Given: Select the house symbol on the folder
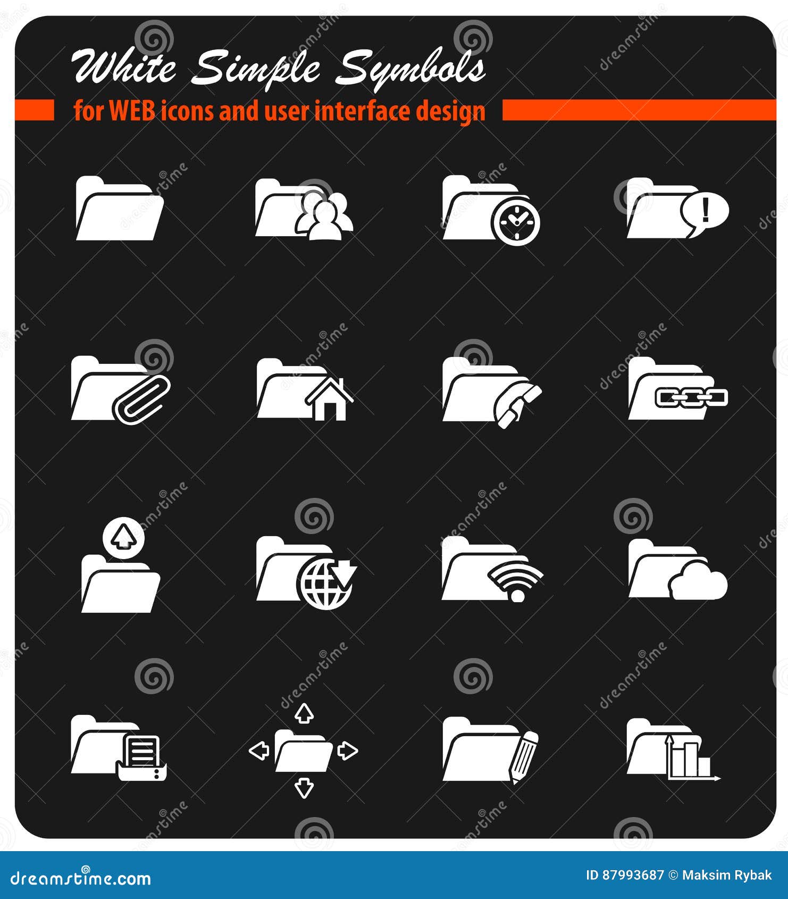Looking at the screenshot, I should click(329, 400).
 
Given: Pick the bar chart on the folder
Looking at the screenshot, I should click(690, 760).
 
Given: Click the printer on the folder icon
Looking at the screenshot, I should click(141, 758).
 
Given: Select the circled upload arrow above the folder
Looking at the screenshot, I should click(123, 536).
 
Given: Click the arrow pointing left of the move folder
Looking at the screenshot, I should click(259, 751).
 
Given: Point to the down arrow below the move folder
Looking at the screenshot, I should click(304, 787).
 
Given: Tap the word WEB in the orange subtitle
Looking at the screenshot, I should click(132, 111).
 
